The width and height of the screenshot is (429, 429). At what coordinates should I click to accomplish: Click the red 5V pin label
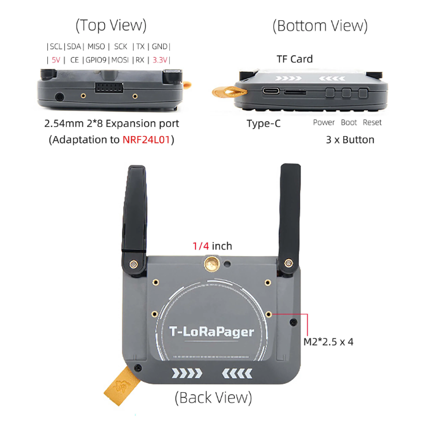tap(56, 60)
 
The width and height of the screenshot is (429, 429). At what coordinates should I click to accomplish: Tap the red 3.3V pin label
tap(160, 60)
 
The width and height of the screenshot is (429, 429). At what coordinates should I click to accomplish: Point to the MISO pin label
tap(96, 47)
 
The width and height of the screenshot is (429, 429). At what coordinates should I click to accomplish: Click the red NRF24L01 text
tap(148, 139)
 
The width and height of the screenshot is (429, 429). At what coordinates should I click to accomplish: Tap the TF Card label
tap(295, 59)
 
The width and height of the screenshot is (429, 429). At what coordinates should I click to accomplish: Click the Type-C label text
tap(264, 123)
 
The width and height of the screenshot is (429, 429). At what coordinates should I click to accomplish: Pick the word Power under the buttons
tap(324, 123)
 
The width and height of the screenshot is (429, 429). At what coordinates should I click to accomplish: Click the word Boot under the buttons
tap(349, 123)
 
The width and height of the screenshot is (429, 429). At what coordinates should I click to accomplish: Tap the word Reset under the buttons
tap(372, 123)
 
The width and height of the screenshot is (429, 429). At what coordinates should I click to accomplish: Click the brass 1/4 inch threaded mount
tap(211, 264)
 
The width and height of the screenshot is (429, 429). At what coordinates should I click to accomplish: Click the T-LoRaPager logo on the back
tap(211, 332)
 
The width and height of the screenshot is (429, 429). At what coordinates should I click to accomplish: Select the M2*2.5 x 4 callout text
tap(328, 342)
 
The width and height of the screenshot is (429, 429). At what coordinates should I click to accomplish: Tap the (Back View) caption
tap(213, 397)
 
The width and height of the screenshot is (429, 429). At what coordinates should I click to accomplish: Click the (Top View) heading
tap(111, 25)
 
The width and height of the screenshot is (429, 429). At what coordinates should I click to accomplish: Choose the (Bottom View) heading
tap(320, 26)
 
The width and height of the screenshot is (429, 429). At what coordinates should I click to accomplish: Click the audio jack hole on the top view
tap(59, 96)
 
